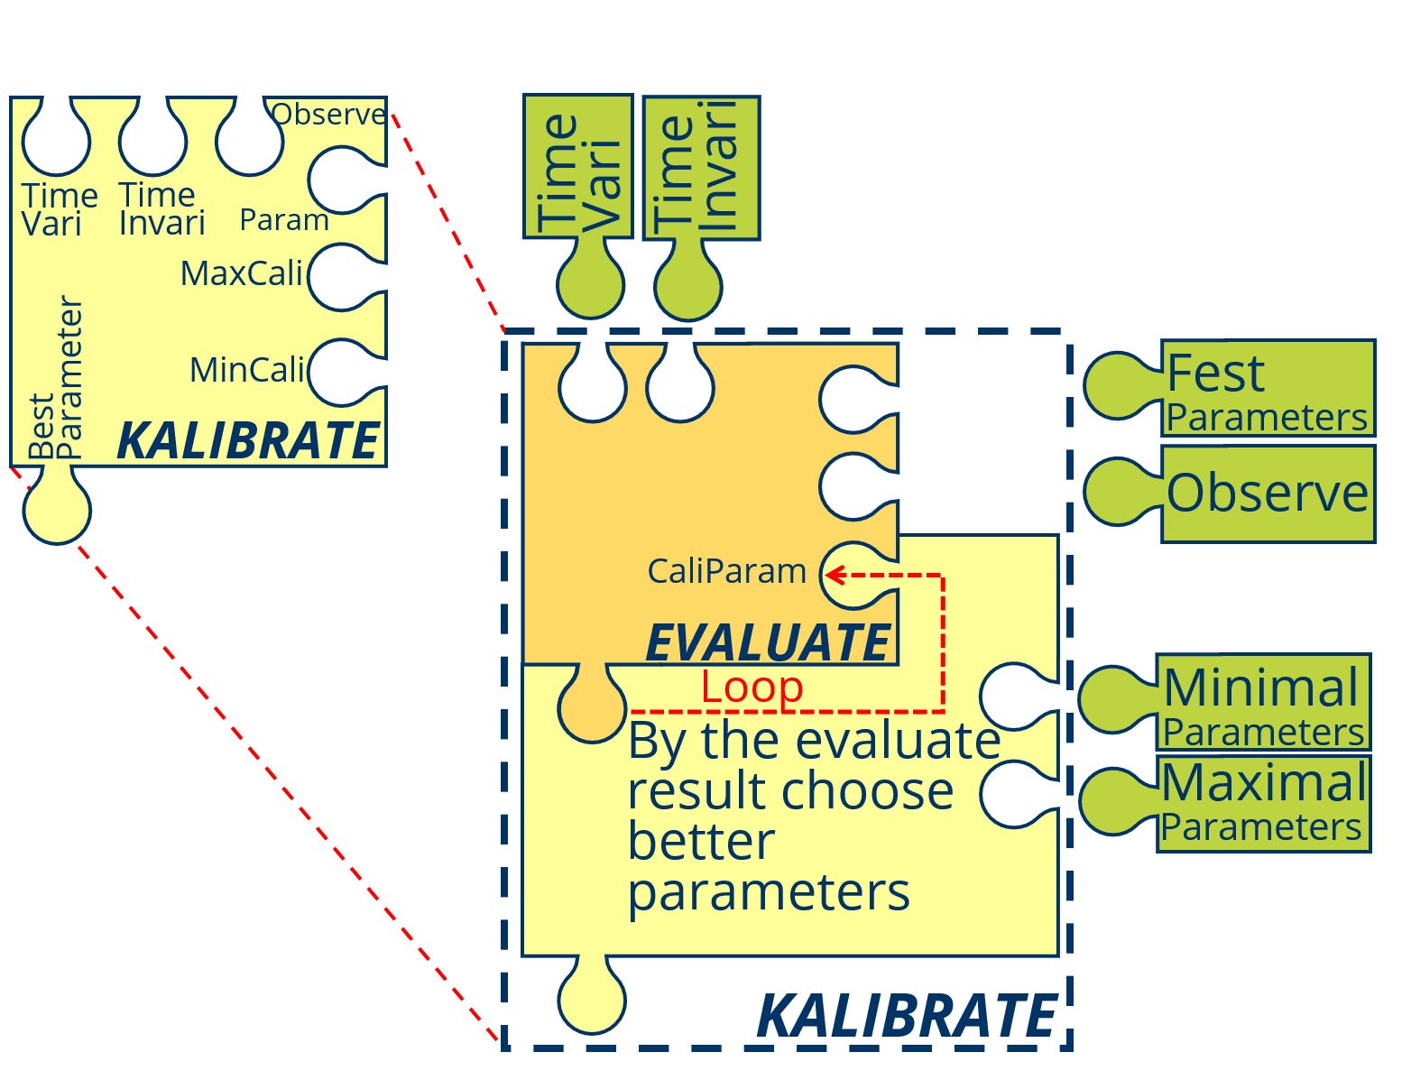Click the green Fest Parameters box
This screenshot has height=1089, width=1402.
(1268, 389)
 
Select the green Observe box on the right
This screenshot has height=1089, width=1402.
(1268, 494)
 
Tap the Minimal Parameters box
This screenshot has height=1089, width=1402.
(1263, 703)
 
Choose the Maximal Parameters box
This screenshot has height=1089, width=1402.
(1263, 804)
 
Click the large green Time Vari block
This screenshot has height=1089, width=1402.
(578, 167)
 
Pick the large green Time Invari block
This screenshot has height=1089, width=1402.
(701, 168)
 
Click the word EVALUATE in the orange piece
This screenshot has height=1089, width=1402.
(769, 642)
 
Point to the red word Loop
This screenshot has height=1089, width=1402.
(752, 688)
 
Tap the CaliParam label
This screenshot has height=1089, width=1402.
(726, 571)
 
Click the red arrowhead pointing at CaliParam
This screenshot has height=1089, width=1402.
(833, 575)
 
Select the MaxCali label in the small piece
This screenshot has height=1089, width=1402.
(241, 273)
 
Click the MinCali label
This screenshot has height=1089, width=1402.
(246, 370)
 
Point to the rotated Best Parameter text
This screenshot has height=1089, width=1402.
(56, 379)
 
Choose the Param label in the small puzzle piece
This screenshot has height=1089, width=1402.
(284, 220)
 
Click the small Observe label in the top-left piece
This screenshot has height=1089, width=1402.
(328, 115)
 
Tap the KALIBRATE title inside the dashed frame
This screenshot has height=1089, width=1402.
(906, 1017)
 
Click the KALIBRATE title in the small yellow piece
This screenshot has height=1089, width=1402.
(248, 441)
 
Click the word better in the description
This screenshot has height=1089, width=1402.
(701, 842)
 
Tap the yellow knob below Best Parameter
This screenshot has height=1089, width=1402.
(57, 510)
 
